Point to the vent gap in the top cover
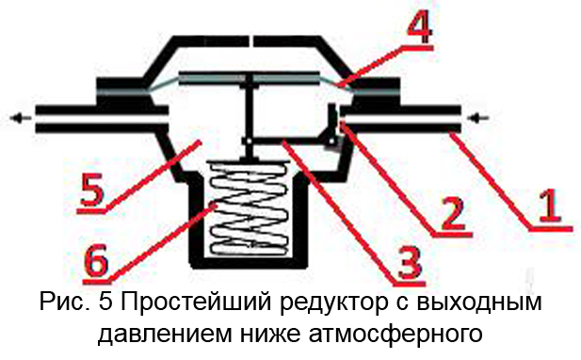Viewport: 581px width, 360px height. coord(253,41)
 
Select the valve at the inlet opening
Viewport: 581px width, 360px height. coord(333,128)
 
